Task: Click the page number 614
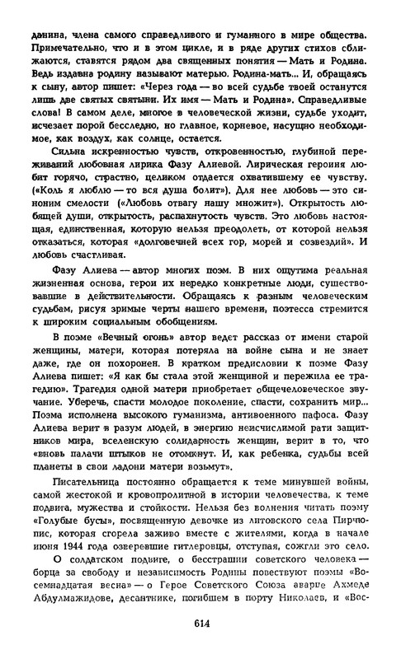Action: tap(200, 646)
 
